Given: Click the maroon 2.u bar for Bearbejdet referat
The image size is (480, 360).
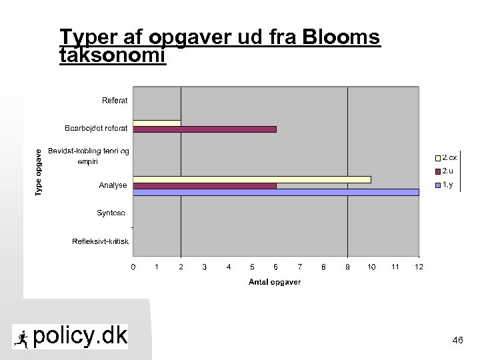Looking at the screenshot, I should tap(205, 129).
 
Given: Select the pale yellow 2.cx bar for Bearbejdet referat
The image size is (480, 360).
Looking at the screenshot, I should tap(157, 123).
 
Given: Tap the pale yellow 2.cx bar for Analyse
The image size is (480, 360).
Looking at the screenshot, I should tap(252, 179).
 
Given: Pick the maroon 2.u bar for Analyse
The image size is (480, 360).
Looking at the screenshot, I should tap(205, 186).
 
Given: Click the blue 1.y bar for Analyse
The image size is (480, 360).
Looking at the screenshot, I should tap(276, 192).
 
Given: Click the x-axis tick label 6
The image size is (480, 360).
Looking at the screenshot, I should tap(276, 267).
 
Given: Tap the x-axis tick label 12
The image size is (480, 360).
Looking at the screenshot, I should tap(419, 267).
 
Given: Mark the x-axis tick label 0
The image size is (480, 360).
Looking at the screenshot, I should tap(133, 267).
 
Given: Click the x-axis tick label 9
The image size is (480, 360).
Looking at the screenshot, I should tap(347, 267).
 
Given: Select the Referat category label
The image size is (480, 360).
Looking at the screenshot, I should tap(115, 101).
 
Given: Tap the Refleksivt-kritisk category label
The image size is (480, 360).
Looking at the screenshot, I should tap(100, 241).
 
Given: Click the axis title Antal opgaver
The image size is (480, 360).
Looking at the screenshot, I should tap(275, 282).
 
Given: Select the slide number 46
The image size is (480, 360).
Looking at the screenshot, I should tap(457, 341).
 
